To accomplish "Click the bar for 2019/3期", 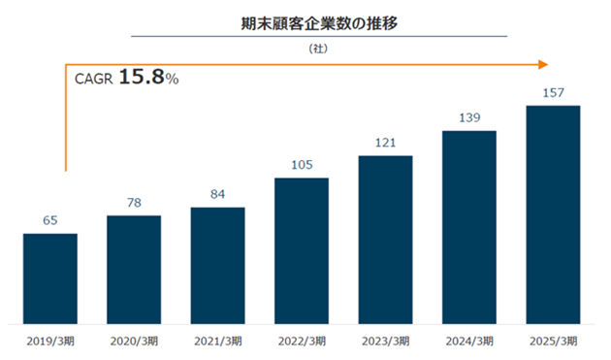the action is [x=50, y=278].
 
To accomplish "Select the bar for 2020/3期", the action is [x=134, y=270].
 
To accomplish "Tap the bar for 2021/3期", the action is [x=218, y=266].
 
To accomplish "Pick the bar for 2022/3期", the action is [x=302, y=251].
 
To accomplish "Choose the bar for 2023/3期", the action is [x=385, y=240].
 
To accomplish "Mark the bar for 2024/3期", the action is [x=469, y=227].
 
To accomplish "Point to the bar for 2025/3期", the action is [x=554, y=214].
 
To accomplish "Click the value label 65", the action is [x=50, y=220].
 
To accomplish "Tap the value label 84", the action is [x=218, y=194].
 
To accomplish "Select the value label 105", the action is [x=302, y=165].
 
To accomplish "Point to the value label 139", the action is [x=469, y=117].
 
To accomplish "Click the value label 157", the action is [x=554, y=92].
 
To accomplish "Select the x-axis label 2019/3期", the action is [x=50, y=342].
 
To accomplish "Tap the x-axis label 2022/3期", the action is [x=302, y=342].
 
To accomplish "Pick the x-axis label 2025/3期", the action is [x=554, y=342].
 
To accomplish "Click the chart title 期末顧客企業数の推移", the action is [x=319, y=23].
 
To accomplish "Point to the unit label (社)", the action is [x=318, y=49].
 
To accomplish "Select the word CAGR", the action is [x=93, y=79].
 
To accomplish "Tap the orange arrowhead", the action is [x=543, y=64].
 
